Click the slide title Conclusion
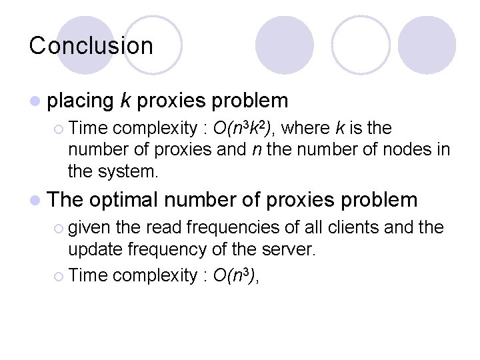[x=91, y=45]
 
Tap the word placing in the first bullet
[x=81, y=101]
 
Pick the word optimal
[x=122, y=199]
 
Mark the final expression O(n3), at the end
[x=235, y=276]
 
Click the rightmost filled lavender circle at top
[x=427, y=45]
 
